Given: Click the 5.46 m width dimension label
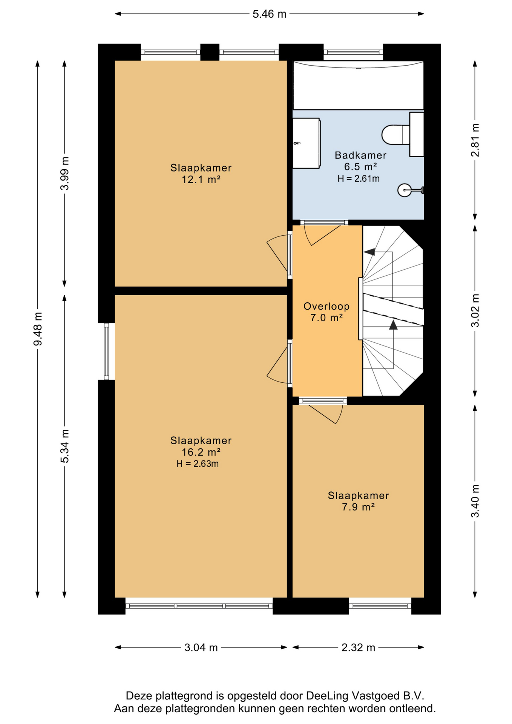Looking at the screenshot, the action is coord(269,14).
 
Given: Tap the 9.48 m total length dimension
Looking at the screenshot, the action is coord(38,329).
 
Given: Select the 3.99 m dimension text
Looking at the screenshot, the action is coord(65,173).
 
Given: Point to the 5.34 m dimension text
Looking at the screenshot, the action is coord(65,446).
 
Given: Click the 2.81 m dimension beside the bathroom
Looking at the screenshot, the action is coord(475,140).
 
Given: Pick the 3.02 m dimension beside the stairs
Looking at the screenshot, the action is coord(475,310).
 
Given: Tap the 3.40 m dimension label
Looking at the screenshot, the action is coord(475,501).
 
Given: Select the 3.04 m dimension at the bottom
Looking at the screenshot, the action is coord(201,647).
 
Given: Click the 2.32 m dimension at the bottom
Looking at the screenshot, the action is coord(358,647).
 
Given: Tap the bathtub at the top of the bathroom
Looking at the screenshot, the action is coord(359,85).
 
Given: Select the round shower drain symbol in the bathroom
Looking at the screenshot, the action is coord(405,190).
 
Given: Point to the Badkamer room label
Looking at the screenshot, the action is coord(360,155).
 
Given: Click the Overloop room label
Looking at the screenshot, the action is coord(327,307).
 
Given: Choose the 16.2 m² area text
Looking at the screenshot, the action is coord(201,452).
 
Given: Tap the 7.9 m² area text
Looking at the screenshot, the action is coord(358,507).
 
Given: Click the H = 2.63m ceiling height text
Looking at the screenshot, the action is coord(198,464).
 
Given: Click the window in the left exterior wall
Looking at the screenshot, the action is coord(107,351).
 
